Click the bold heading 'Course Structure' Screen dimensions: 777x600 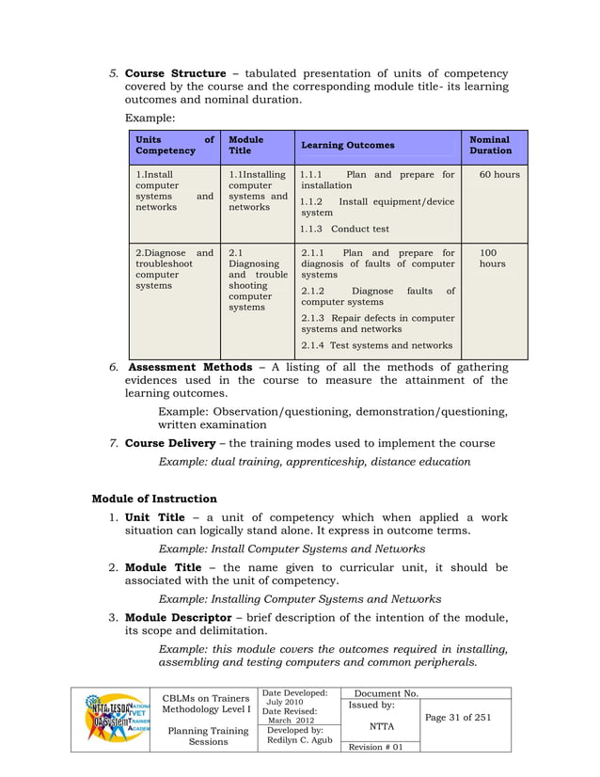tap(175, 73)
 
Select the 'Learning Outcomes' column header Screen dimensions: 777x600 tap(347, 145)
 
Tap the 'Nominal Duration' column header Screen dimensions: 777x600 tap(491, 145)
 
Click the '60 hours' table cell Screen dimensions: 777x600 tap(498, 174)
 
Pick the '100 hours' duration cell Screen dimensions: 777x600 tap(492, 259)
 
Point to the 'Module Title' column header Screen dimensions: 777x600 tap(246, 145)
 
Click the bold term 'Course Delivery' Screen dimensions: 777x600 tap(171, 443)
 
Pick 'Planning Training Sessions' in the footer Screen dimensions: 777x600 tap(208, 735)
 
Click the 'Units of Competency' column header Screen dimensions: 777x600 tap(174, 145)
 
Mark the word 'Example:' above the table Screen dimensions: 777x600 tap(149, 119)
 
